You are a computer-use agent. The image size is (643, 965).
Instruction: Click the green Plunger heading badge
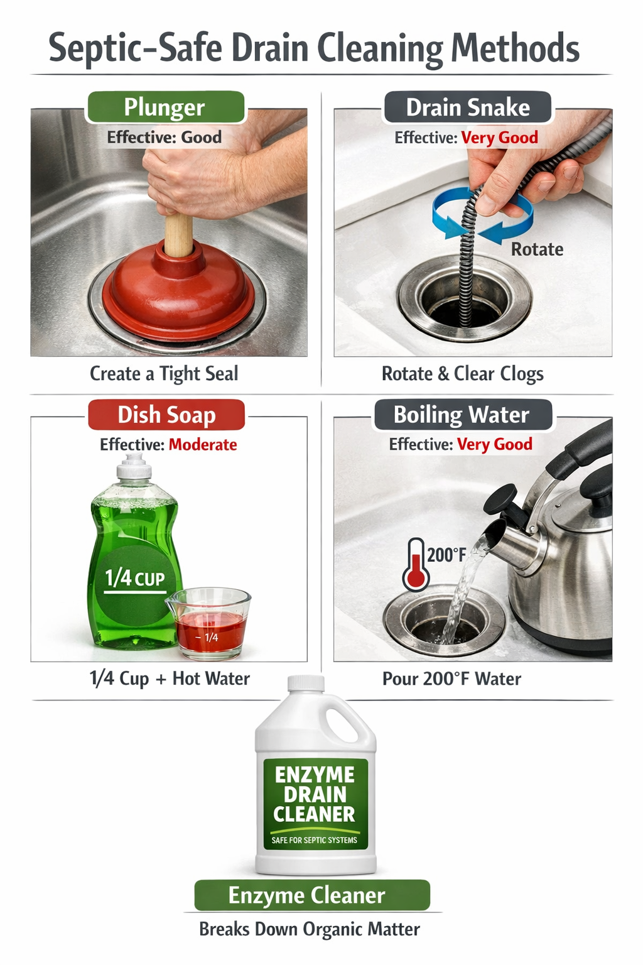coord(165,107)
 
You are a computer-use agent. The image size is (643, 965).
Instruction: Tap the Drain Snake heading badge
coord(467,107)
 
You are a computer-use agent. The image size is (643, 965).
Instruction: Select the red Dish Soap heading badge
coord(166,415)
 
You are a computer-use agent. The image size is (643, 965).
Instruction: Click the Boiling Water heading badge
coord(462,415)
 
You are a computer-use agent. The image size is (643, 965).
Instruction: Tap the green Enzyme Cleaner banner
coord(311,895)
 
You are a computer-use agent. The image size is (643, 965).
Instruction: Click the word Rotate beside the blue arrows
coord(537,249)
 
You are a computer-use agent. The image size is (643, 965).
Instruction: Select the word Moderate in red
coord(203,445)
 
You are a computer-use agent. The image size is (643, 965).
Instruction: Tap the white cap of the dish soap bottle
coord(134,467)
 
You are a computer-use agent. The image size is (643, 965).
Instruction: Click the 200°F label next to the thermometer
coord(446,555)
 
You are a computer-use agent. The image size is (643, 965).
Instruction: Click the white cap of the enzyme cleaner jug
coord(306,683)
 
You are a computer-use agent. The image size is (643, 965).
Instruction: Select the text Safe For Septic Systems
coord(314,840)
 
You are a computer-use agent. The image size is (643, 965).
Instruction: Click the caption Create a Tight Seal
coord(164,374)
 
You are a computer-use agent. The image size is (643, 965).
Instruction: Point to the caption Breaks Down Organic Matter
coord(310,929)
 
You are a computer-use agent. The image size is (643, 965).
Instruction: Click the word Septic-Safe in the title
coord(135,48)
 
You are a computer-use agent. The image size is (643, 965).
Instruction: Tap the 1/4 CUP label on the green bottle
coord(134,578)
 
